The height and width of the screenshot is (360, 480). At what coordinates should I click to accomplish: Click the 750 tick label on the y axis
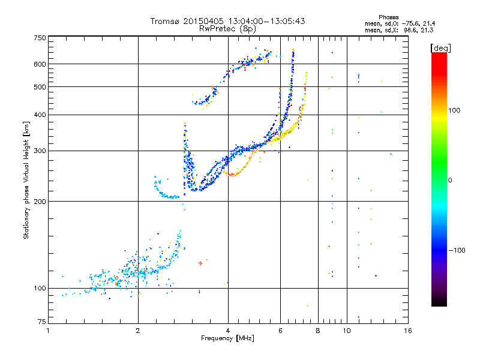40,38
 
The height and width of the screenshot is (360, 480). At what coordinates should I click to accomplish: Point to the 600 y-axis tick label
40,64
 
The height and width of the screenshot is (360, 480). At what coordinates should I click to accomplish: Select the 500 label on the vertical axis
40,87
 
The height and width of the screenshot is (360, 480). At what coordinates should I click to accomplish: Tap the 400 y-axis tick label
40,115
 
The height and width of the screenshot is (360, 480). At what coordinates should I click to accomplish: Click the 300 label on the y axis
40,151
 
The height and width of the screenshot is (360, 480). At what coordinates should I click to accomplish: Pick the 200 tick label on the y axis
40,202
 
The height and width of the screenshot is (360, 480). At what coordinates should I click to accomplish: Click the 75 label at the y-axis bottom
41,322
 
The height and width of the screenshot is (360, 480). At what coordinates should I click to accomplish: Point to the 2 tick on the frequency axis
138,331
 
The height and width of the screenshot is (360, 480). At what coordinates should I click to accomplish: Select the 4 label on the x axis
228,331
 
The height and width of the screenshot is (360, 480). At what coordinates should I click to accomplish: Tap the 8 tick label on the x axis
318,331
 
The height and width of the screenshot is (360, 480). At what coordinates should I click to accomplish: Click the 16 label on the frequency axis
408,331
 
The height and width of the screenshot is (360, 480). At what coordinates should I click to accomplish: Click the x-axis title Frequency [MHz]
227,338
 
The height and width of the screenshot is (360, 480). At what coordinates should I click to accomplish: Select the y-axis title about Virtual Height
26,181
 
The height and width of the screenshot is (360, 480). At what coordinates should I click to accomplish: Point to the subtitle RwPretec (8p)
227,29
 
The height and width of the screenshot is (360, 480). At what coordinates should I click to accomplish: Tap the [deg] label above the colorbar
440,48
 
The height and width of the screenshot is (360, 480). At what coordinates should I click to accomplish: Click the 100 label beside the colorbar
454,110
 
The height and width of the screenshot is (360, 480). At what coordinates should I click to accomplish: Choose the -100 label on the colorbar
457,250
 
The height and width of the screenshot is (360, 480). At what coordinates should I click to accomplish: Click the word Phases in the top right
388,17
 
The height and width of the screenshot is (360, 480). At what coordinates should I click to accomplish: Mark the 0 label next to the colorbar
450,181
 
